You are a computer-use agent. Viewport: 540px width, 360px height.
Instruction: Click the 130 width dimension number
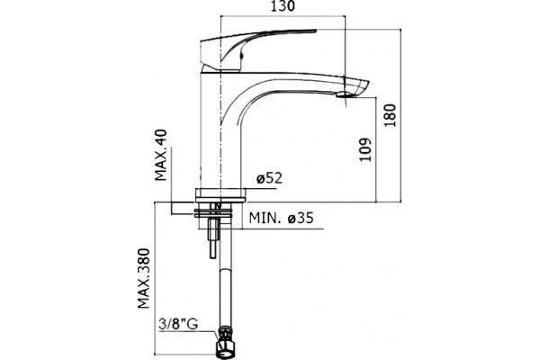(283, 6)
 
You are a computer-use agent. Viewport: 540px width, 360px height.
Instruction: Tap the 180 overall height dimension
(391, 115)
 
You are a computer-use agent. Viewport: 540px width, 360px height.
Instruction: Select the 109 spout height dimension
(365, 149)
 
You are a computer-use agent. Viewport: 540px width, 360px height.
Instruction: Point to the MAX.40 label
(161, 155)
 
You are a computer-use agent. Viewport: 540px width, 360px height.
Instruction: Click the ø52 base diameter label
(269, 178)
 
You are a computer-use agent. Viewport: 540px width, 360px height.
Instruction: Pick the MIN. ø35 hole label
(282, 218)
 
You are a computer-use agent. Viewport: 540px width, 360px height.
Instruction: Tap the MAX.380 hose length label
(144, 278)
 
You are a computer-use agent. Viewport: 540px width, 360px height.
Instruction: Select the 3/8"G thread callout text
(178, 324)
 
